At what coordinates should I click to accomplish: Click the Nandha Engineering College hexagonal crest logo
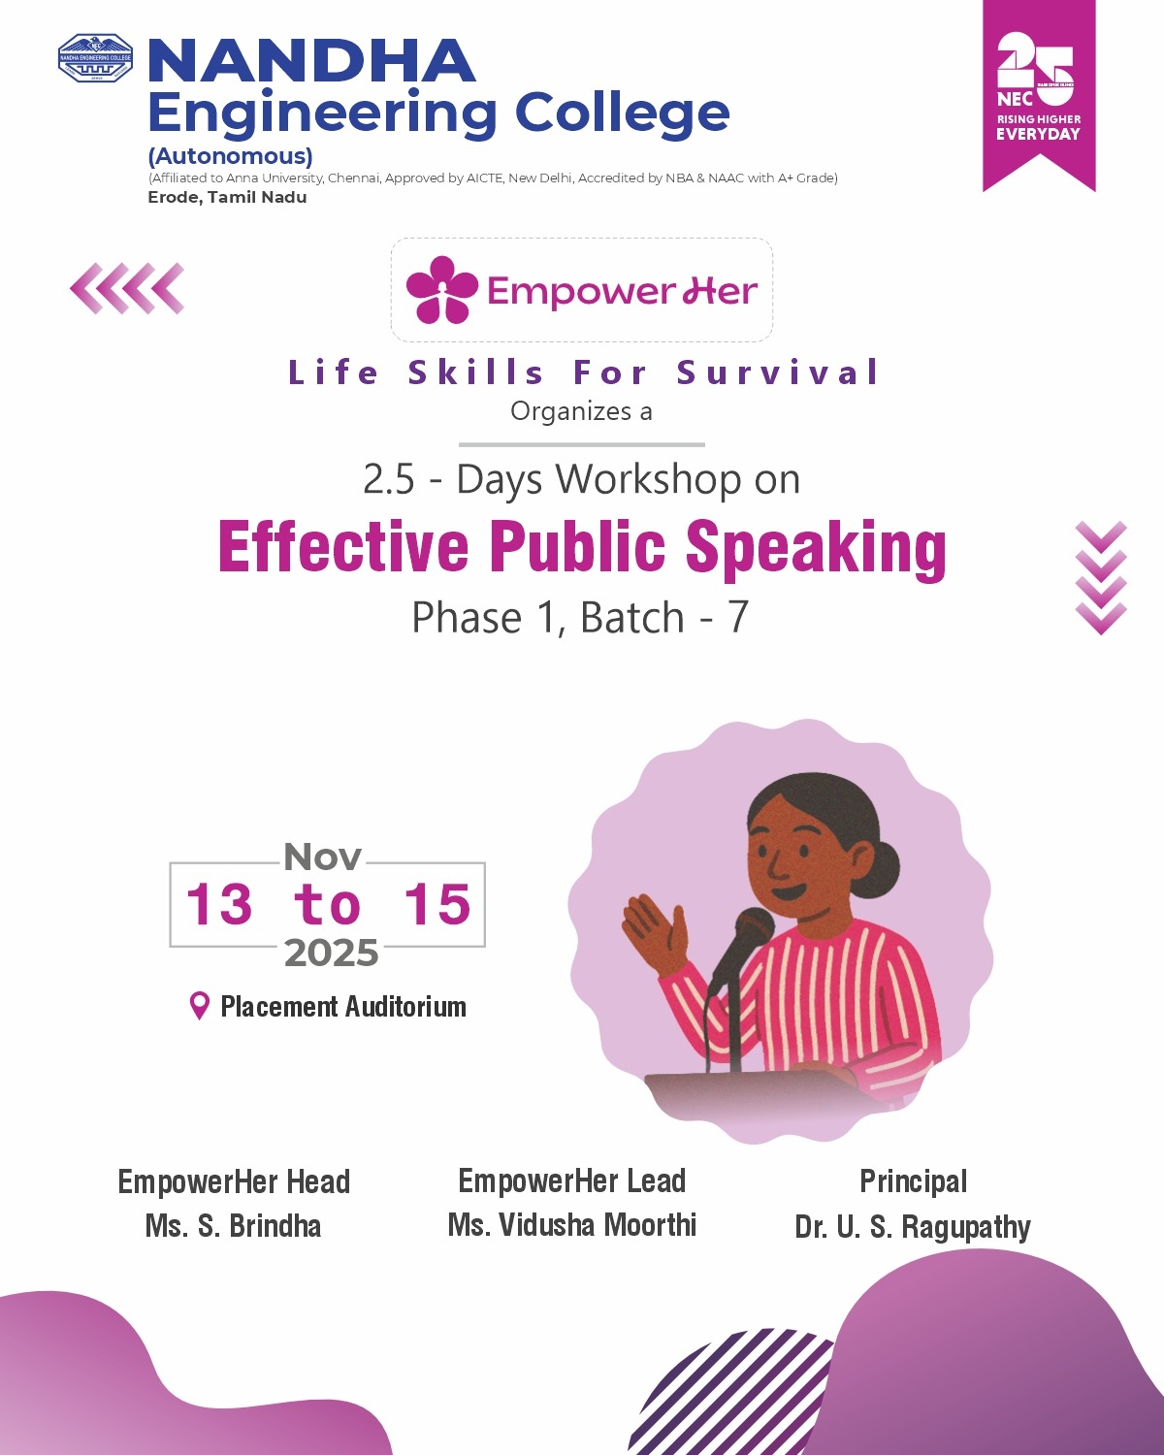coord(95,58)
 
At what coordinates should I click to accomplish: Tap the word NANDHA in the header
coord(311,61)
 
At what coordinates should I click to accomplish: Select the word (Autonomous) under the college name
coord(231,157)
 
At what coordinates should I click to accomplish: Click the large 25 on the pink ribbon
coord(1036,68)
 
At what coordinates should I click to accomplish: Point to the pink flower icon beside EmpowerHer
coord(441,289)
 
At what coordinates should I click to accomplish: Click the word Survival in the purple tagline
coord(778,372)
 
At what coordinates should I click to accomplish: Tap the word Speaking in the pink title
coord(816,547)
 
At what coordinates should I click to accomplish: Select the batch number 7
coord(738,617)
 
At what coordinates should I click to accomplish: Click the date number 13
coord(219,904)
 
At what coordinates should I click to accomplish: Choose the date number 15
coord(436,904)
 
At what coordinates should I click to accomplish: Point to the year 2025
coord(331,954)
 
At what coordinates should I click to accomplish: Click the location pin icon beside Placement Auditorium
coord(199,1005)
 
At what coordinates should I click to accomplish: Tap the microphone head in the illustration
coord(753,929)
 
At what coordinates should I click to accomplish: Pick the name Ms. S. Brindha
coord(233,1226)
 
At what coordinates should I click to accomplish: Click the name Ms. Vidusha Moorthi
coord(572,1225)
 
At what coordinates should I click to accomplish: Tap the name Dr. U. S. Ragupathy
coord(913,1227)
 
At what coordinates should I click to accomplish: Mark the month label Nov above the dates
coord(323,857)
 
